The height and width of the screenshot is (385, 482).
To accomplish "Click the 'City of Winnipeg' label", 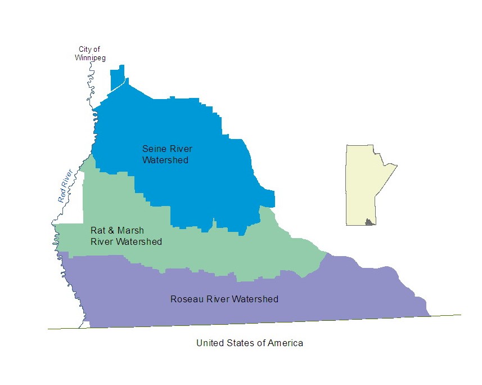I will (x=90, y=53).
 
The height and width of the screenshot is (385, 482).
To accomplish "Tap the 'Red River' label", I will (x=65, y=186).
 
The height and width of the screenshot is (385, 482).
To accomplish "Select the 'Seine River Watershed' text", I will (x=167, y=154).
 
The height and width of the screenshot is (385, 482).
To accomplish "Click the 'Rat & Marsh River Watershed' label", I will (x=126, y=236).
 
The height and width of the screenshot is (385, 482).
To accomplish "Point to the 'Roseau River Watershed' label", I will (x=224, y=299).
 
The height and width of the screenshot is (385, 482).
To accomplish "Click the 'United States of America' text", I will (x=249, y=343).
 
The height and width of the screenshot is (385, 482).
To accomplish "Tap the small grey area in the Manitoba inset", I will (x=370, y=222).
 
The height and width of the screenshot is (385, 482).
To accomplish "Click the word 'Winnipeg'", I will (x=90, y=57).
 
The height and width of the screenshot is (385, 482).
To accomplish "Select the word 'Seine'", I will (x=153, y=149).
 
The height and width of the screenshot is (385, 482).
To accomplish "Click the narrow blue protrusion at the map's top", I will (x=117, y=79).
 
